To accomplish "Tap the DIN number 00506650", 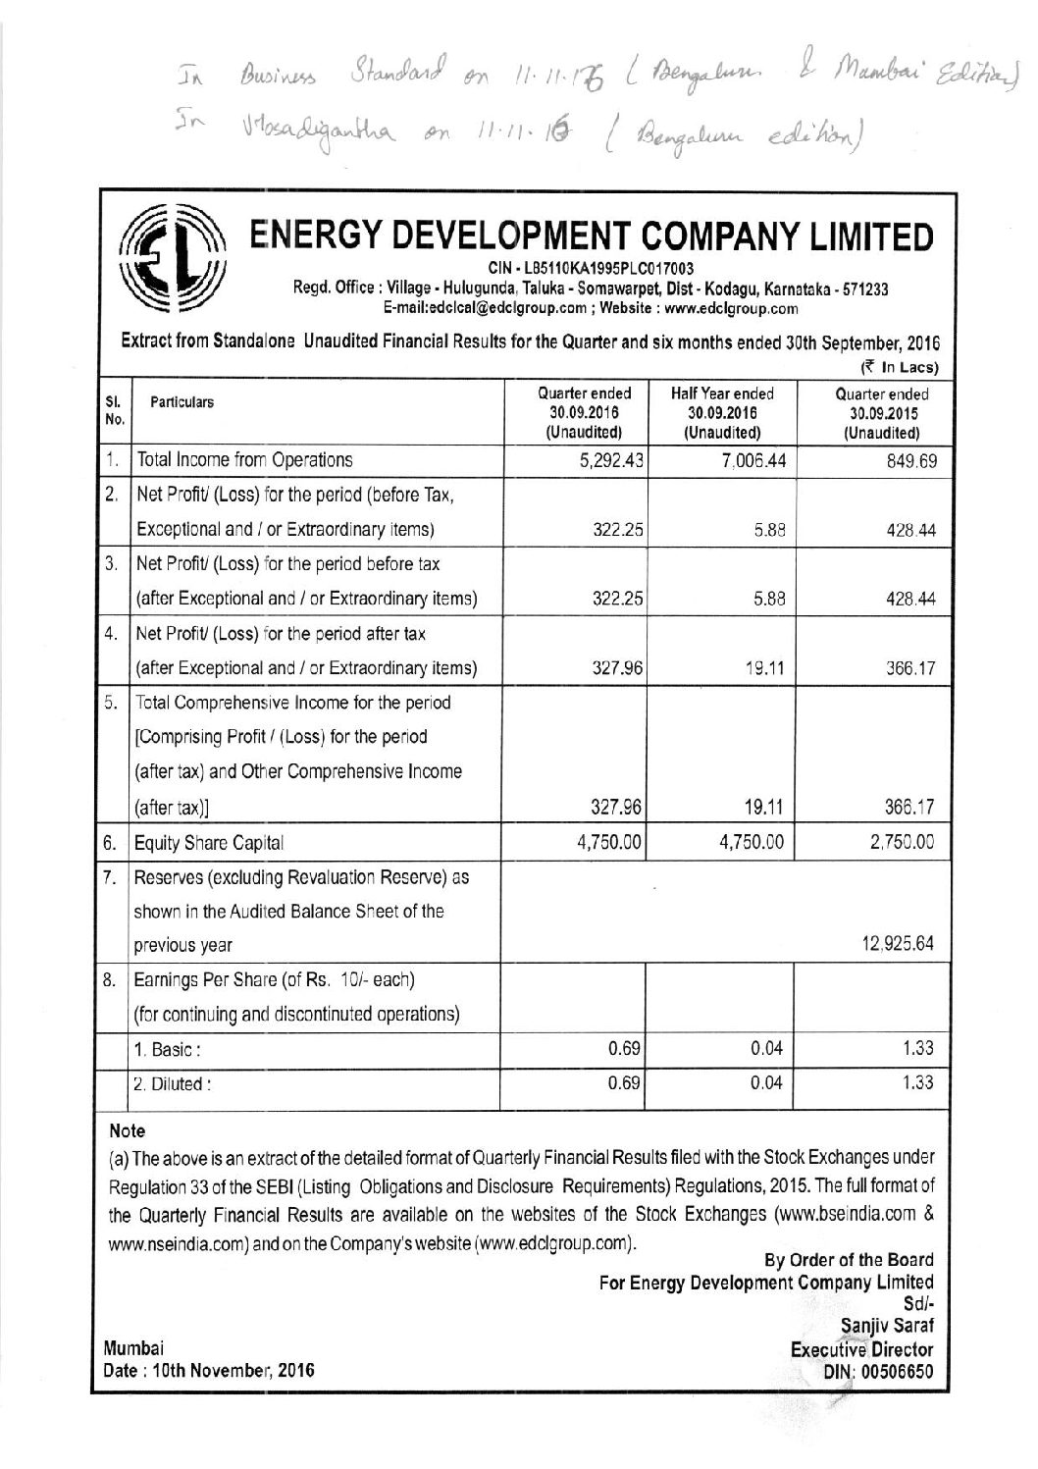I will coord(890,1370).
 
